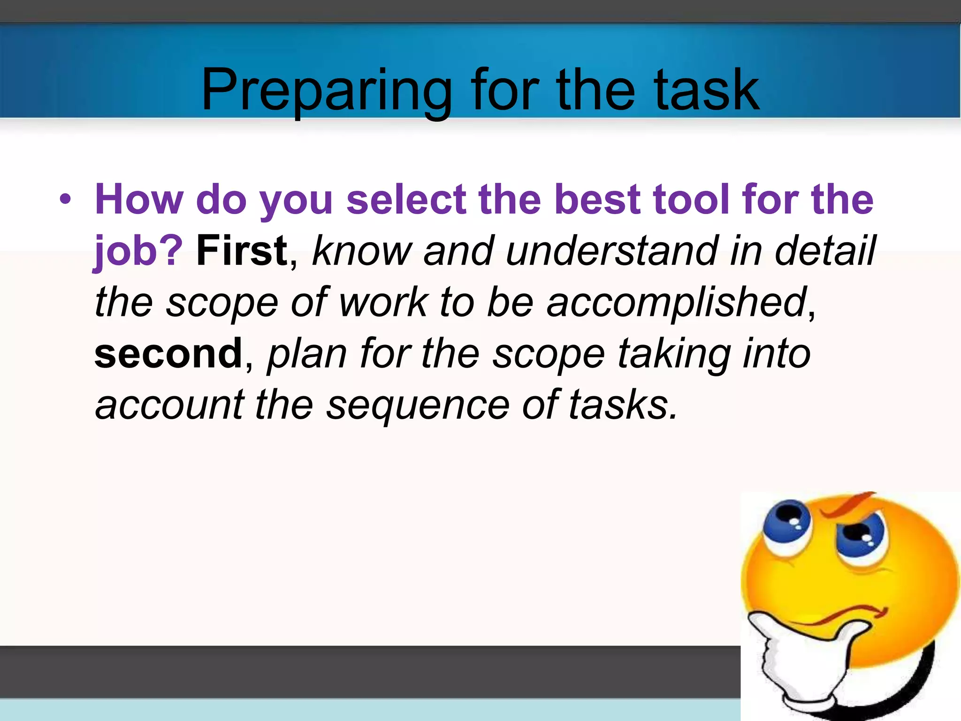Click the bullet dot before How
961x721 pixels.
click(65, 199)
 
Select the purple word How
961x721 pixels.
click(139, 199)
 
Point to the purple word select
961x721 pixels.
click(406, 199)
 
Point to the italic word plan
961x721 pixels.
click(307, 354)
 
